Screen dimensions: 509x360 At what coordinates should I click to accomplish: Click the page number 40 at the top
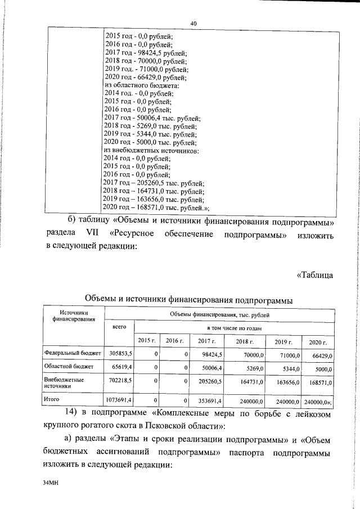(193, 22)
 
